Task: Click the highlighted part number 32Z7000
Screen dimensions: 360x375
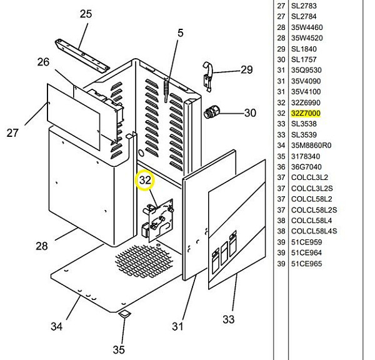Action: [x=306, y=113]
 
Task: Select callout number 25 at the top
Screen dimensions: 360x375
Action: [x=86, y=14]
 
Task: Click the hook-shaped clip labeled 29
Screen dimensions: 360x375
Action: [x=208, y=72]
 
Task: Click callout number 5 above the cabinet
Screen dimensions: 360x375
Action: [x=181, y=34]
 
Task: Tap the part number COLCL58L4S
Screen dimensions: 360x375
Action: [x=314, y=231]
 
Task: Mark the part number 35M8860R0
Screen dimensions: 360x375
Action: [x=311, y=146]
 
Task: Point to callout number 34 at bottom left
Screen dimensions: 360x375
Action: [x=56, y=326]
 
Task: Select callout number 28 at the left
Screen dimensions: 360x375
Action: [x=42, y=246]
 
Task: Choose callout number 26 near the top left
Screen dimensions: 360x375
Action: [x=43, y=62]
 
